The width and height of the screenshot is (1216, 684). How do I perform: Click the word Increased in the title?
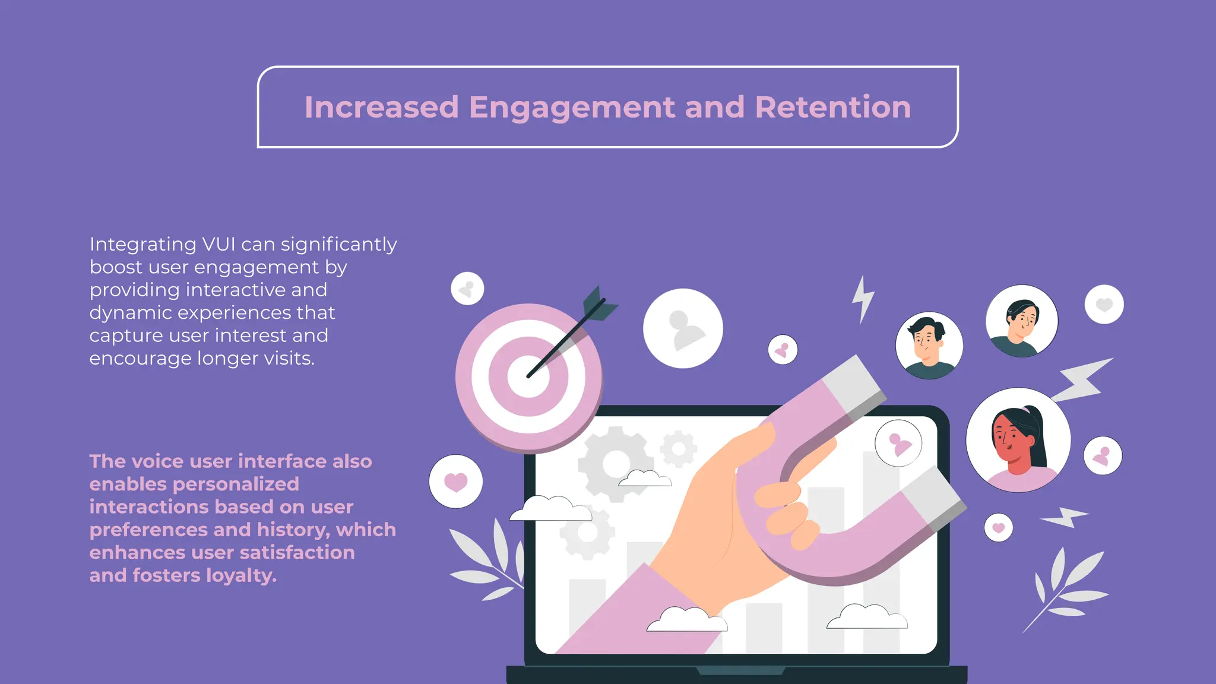pyautogui.click(x=381, y=107)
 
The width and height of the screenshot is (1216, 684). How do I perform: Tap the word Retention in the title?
pyautogui.click(x=832, y=107)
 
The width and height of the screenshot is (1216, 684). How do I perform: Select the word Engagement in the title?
pyautogui.click(x=571, y=107)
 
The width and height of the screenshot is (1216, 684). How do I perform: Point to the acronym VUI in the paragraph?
pyautogui.click(x=218, y=244)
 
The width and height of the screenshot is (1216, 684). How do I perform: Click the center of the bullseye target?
pyautogui.click(x=528, y=377)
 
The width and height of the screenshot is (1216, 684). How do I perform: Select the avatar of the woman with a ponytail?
pyautogui.click(x=1018, y=440)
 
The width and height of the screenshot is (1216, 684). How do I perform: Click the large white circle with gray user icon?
pyautogui.click(x=683, y=328)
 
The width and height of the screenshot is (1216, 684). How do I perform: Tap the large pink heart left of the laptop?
pyautogui.click(x=455, y=482)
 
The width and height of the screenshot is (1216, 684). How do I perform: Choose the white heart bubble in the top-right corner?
pyautogui.click(x=1104, y=305)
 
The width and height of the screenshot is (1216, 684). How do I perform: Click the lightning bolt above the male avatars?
pyautogui.click(x=863, y=299)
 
